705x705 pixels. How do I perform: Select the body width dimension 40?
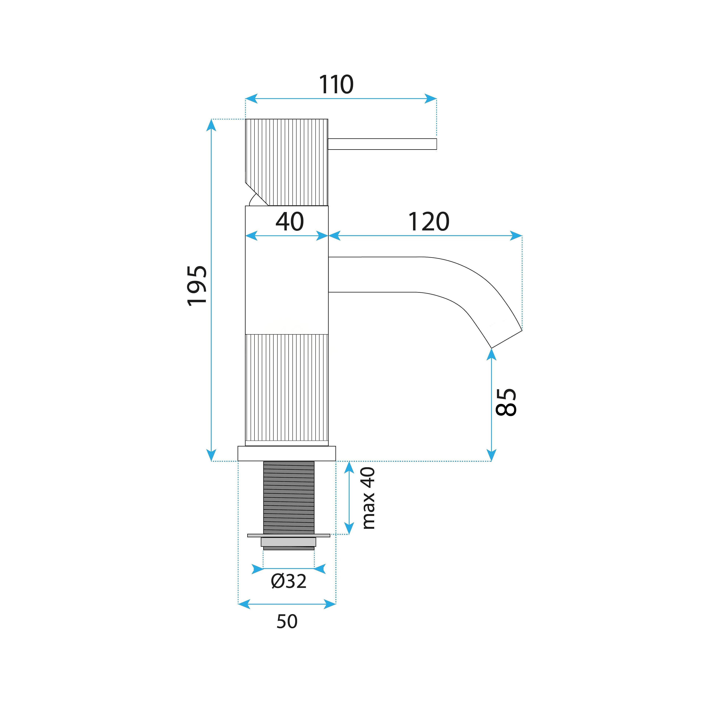pos(289,221)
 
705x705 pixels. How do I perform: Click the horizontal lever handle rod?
pos(382,144)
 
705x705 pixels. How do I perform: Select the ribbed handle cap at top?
pos(287,162)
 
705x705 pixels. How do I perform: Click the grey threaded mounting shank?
pos(289,497)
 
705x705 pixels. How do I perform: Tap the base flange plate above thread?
pos(287,454)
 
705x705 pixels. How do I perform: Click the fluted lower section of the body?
pos(287,390)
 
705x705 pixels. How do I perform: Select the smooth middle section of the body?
pos(287,270)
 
